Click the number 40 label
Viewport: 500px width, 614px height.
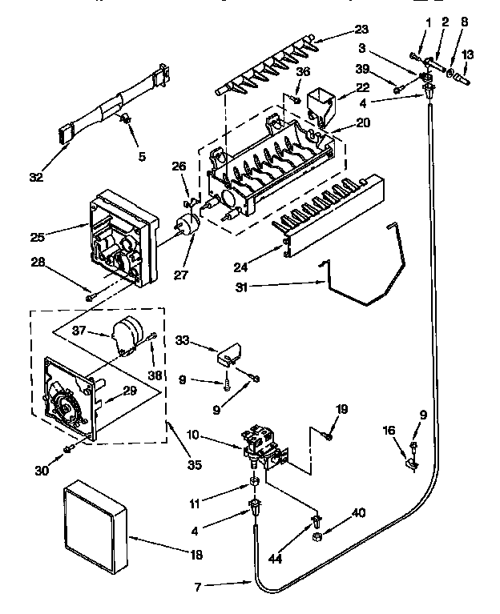358,513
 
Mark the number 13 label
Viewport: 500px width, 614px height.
468,55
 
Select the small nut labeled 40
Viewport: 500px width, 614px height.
318,535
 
